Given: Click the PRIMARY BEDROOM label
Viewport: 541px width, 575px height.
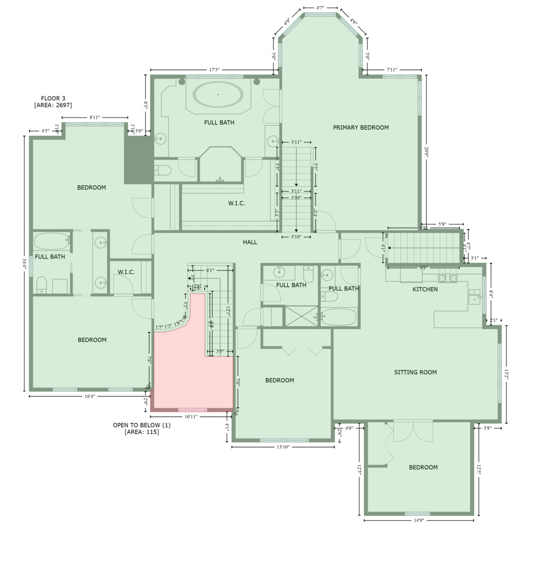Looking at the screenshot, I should pyautogui.click(x=361, y=127).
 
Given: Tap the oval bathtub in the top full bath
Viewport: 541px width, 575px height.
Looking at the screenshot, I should pyautogui.click(x=218, y=95).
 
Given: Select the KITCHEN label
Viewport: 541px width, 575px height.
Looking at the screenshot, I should pyautogui.click(x=425, y=289).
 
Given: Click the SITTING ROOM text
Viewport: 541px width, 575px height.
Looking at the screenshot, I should pyautogui.click(x=415, y=372).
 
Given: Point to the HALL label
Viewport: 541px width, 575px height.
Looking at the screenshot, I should pyautogui.click(x=250, y=242).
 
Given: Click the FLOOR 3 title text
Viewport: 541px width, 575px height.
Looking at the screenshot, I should pyautogui.click(x=53, y=98).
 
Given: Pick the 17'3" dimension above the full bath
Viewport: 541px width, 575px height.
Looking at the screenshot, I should pyautogui.click(x=214, y=70).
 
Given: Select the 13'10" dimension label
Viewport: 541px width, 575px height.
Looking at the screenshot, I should pyautogui.click(x=282, y=447).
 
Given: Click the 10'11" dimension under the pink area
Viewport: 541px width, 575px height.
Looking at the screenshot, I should pyautogui.click(x=192, y=417).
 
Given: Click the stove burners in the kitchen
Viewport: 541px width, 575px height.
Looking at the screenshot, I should pyautogui.click(x=444, y=278).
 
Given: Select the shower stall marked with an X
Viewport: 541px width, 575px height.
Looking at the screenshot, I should pyautogui.click(x=302, y=316).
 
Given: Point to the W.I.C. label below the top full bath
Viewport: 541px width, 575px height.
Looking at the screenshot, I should pyautogui.click(x=237, y=203).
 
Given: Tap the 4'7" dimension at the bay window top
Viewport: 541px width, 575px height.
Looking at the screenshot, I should pyautogui.click(x=320, y=8).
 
